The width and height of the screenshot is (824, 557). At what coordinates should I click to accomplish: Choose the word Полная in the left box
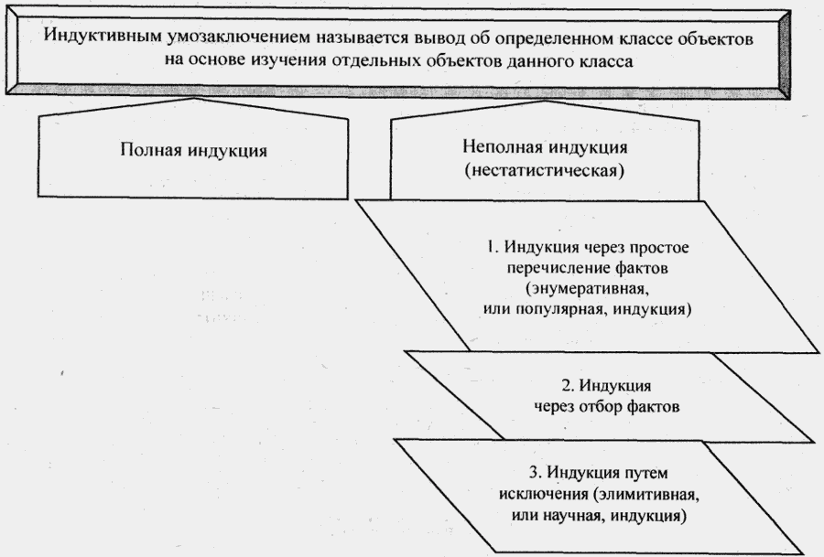149,150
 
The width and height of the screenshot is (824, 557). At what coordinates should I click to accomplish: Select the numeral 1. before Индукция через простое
490,249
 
